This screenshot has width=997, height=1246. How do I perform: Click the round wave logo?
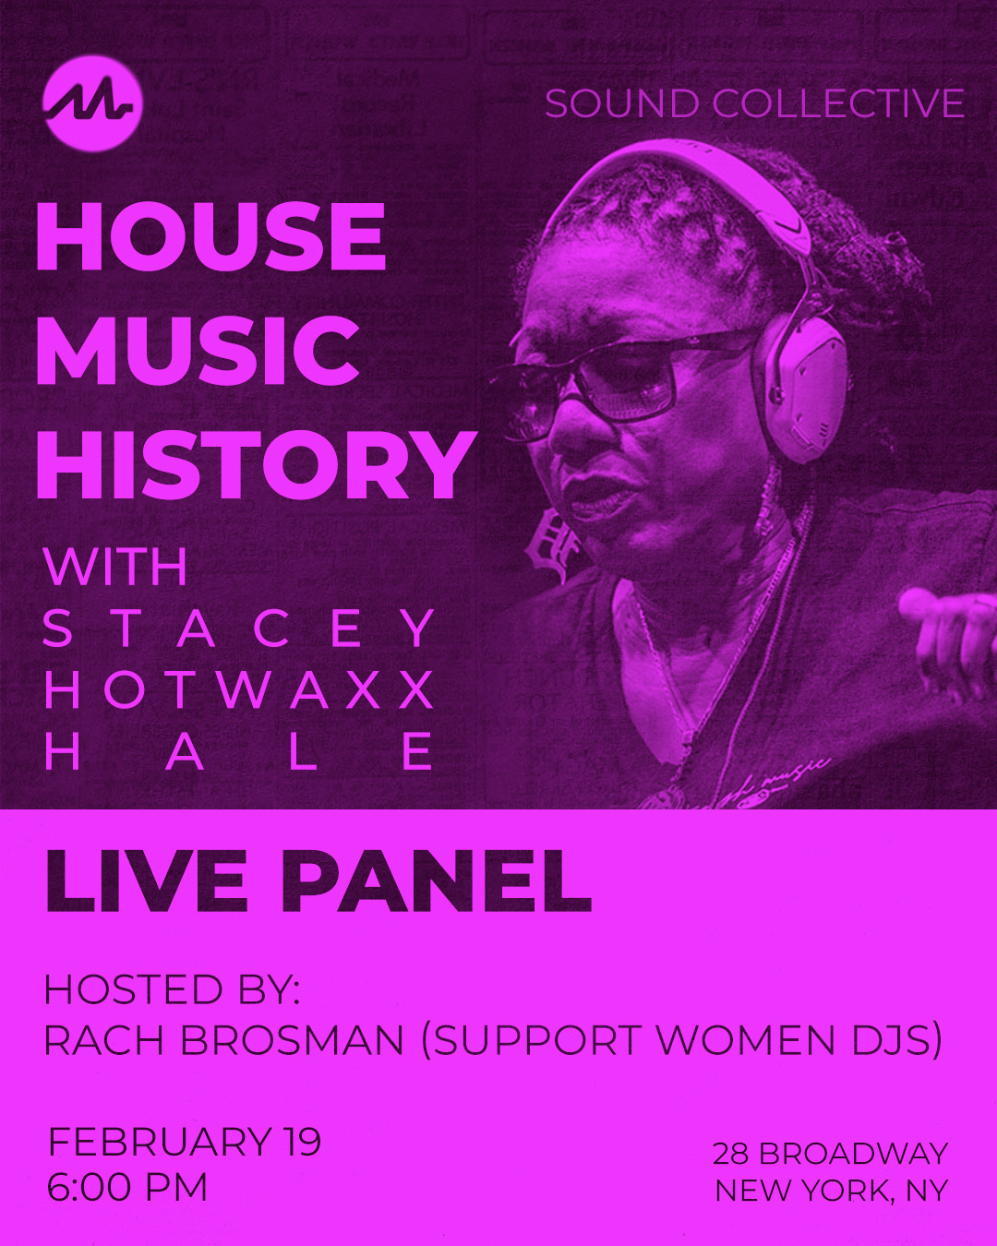click(92, 102)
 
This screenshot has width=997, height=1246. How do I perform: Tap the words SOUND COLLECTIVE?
click(754, 103)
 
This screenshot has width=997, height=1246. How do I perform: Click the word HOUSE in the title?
click(210, 236)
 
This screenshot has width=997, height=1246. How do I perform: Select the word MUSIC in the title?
click(198, 351)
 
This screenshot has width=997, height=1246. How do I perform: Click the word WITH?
click(115, 567)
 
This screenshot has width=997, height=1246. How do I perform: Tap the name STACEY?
click(239, 629)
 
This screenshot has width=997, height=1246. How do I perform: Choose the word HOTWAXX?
click(239, 690)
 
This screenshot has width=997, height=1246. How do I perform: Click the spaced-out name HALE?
click(239, 751)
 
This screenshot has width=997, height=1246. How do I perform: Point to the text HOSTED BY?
click(172, 990)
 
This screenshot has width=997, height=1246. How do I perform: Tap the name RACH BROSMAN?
click(224, 1041)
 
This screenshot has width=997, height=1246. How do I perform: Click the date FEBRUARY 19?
click(184, 1142)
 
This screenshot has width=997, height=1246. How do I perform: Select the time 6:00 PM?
click(127, 1188)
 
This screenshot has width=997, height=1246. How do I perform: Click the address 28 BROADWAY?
click(830, 1154)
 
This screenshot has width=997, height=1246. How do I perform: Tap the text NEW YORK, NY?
click(832, 1191)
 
